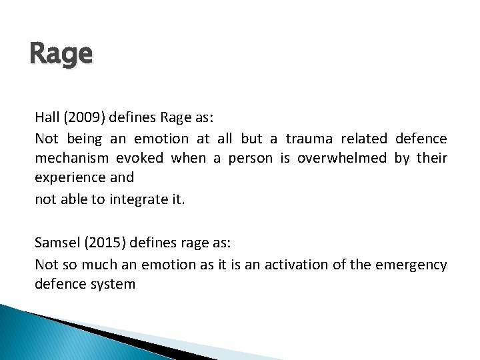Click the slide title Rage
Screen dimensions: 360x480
[x=61, y=53]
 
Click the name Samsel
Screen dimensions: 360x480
[x=57, y=245]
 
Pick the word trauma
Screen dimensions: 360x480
[x=310, y=139]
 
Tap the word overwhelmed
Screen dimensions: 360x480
[x=341, y=158]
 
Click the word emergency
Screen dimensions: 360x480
[x=410, y=265]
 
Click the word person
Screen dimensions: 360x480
[x=249, y=158]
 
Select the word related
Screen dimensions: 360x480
[x=363, y=139]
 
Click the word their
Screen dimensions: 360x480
[x=431, y=158]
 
